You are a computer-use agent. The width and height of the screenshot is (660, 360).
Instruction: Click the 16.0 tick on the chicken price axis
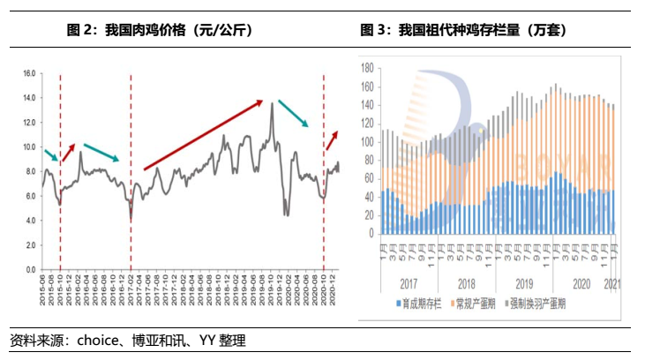28,73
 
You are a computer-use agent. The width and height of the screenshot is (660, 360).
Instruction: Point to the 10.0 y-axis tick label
28,146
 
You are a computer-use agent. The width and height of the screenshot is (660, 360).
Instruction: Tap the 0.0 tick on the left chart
30,269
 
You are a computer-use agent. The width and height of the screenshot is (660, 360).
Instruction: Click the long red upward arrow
204,133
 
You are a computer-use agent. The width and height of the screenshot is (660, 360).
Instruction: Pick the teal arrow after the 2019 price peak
293,113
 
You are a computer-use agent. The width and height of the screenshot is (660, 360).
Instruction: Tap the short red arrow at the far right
333,139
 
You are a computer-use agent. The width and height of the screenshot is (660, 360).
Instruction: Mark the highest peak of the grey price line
273,104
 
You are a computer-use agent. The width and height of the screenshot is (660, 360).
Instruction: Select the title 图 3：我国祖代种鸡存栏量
462,30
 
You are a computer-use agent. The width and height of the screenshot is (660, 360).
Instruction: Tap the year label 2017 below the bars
407,285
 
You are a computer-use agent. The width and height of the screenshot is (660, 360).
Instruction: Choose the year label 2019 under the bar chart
524,285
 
